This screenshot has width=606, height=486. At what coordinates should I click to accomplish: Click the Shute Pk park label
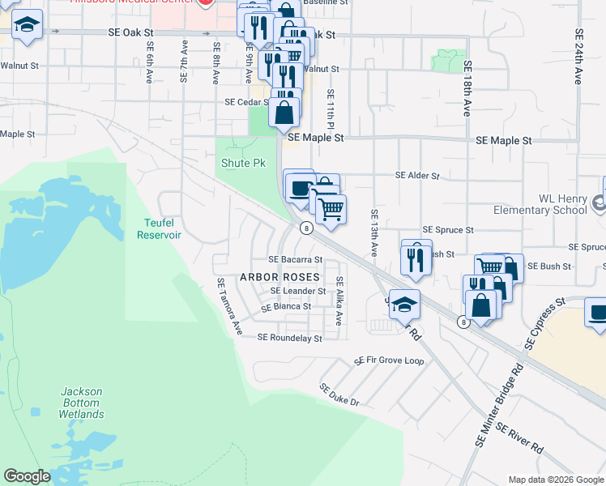243,163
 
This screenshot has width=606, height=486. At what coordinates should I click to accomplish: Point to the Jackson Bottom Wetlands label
81,403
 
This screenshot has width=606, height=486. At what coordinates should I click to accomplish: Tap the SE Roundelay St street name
289,338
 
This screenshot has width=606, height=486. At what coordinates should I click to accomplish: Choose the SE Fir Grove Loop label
389,360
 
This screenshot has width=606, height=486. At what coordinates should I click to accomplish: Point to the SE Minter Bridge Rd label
497,404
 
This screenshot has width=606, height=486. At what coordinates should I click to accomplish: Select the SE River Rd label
519,438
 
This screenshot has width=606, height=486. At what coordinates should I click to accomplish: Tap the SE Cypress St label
544,323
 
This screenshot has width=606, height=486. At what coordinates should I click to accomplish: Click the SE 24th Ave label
578,57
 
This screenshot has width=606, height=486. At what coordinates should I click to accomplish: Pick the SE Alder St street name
416,175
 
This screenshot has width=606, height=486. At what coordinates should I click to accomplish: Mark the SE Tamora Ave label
228,307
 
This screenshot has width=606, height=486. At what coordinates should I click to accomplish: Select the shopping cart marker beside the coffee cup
331,210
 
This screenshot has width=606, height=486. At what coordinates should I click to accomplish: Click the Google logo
27,476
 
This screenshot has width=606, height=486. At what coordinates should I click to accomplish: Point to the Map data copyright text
555,480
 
